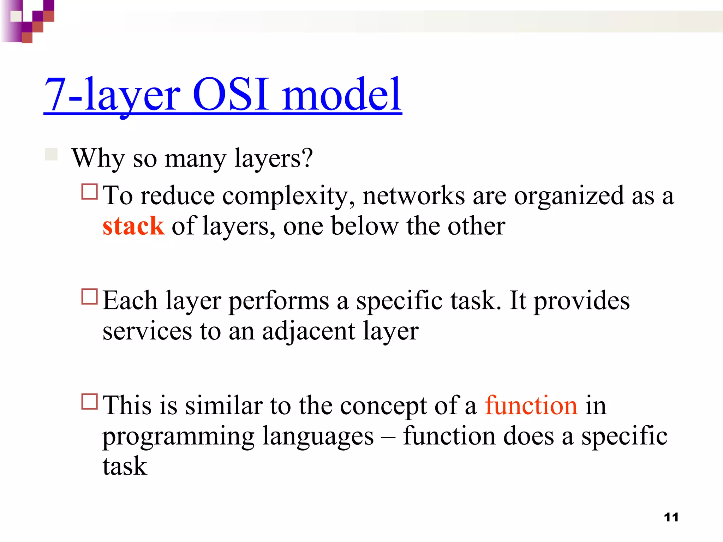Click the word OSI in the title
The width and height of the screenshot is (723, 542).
pos(231,95)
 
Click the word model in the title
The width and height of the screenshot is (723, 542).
pos(342,95)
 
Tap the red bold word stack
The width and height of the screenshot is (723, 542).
pos(133,226)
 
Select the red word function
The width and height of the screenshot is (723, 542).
pos(531,405)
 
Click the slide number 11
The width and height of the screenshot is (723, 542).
pos(671,517)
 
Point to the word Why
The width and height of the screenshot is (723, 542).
pos(98,158)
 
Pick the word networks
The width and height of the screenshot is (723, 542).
pos(413,196)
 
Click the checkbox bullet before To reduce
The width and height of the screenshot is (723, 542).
pos(89,192)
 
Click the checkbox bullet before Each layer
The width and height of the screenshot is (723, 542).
pos(89,297)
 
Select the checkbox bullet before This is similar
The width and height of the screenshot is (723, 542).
pos(89,402)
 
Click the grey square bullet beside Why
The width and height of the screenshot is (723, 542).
pos(52,155)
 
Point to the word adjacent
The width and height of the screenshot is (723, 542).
pos(309,332)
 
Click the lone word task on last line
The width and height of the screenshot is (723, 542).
pos(125,466)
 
